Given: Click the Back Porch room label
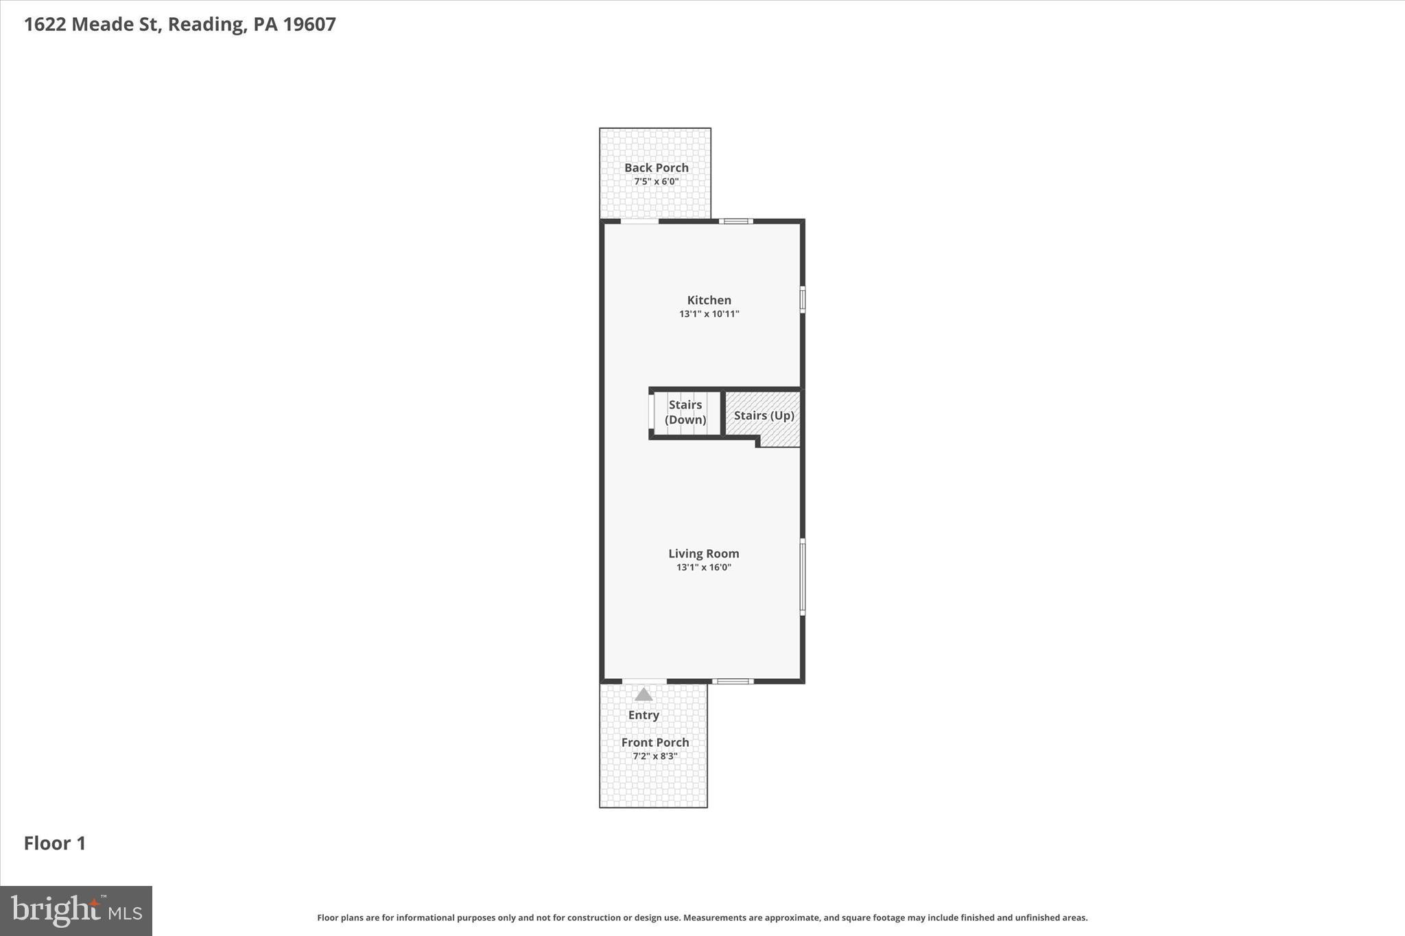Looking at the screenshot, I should click(x=656, y=167).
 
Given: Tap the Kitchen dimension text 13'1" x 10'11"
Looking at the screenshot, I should click(x=709, y=314).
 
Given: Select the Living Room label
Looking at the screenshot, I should click(x=703, y=553).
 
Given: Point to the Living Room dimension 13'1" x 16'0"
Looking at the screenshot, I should click(x=703, y=567).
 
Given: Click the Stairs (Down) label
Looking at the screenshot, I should click(x=685, y=412).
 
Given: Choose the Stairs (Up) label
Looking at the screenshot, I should click(x=764, y=416).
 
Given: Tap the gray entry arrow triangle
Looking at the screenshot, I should click(x=643, y=695).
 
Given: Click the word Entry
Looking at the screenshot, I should click(x=644, y=715).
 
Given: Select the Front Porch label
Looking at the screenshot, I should click(x=654, y=742).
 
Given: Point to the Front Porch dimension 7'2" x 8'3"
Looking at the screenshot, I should click(x=654, y=756).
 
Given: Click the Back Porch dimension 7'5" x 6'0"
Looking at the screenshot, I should click(x=656, y=182).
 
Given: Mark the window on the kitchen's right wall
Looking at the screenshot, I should click(x=802, y=300).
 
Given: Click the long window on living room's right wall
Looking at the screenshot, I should click(x=802, y=577).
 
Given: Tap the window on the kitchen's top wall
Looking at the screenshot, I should click(x=736, y=221).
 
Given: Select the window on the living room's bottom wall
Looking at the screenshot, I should click(x=733, y=681).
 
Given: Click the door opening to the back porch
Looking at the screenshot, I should click(x=639, y=221).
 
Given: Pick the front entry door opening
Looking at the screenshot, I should click(x=644, y=681).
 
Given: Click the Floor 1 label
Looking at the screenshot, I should click(x=55, y=843).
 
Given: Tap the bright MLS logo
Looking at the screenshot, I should click(x=76, y=911).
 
